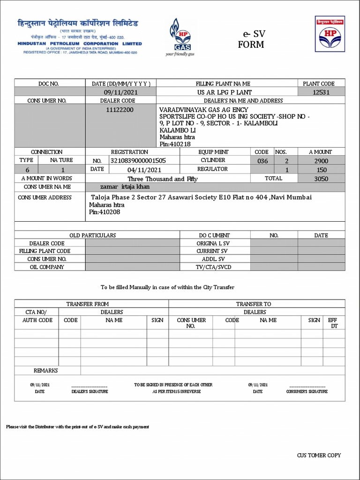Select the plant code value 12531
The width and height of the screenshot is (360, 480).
click(321, 92)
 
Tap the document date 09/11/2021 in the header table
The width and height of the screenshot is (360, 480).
click(121, 92)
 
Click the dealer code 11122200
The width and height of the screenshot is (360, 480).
click(120, 110)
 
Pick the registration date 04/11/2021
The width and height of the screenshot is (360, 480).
click(144, 170)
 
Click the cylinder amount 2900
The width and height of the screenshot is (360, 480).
click(321, 161)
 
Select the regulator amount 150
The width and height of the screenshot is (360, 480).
click(322, 170)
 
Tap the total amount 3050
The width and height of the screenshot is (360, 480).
click(321, 179)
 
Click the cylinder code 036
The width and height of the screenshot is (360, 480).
click(262, 161)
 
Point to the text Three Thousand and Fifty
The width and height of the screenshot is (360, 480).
click(163, 179)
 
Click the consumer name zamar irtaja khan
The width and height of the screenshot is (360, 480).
click(122, 187)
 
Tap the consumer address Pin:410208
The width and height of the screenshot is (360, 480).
click(105, 212)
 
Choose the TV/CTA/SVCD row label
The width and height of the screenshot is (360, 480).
click(213, 267)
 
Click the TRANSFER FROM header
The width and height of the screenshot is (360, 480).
click(87, 304)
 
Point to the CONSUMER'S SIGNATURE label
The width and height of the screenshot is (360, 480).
click(307, 391)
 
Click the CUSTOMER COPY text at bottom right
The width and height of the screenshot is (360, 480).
click(319, 455)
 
